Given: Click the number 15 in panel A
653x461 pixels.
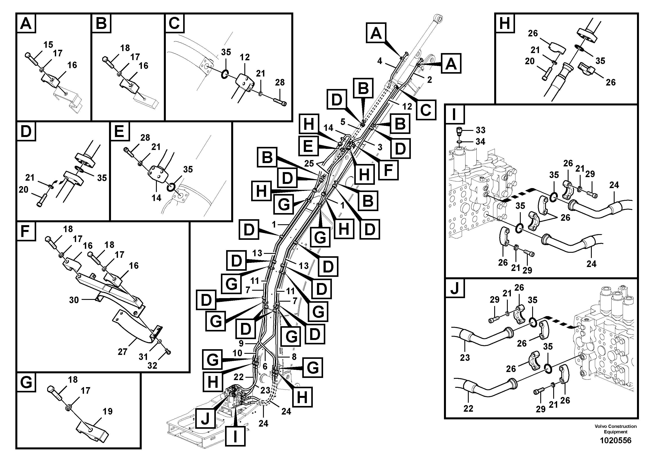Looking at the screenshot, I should point(48,45).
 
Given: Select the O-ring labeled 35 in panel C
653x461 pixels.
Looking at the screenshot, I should point(224,75).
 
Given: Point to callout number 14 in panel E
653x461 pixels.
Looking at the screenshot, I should point(156,198).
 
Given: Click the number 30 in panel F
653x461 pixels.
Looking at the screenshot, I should point(74,300).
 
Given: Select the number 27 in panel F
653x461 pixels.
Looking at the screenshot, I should point(123,352).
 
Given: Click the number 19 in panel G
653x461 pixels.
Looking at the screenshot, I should point(107,411).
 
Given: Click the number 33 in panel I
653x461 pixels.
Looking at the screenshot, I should point(480,130).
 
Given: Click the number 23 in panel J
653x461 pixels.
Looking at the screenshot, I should point(465,358).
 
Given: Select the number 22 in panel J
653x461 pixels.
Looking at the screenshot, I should point(468,408).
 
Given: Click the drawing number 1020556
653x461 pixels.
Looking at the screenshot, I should point(615,441).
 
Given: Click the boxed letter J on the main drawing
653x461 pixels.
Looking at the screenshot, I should point(205,419).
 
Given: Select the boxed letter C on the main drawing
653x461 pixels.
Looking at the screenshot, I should point(426,110).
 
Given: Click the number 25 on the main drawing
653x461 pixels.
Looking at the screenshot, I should point(309,164).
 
